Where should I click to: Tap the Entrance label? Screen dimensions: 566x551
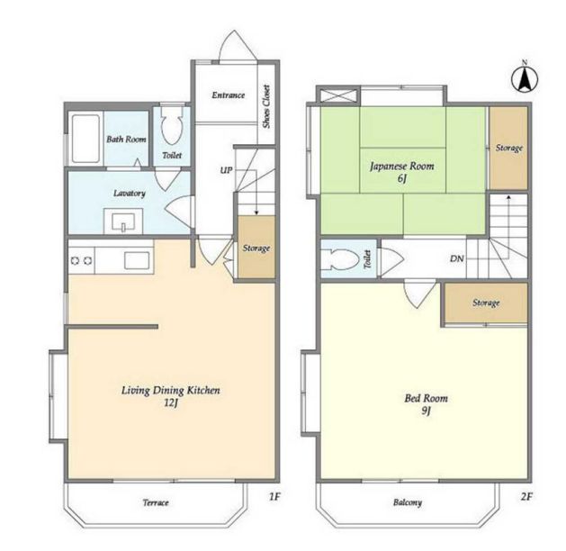pyautogui.click(x=229, y=95)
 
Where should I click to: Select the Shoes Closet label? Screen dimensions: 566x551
pyautogui.click(x=266, y=106)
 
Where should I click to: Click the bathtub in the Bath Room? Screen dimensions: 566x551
pyautogui.click(x=85, y=139)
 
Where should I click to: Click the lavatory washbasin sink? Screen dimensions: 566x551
pyautogui.click(x=123, y=221)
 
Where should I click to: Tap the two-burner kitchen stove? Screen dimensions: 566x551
pyautogui.click(x=81, y=260)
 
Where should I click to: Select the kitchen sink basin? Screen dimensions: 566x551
pyautogui.click(x=137, y=260)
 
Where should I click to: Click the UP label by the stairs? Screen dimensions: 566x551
pyautogui.click(x=227, y=170)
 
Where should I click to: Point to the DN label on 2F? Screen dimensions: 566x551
pyautogui.click(x=456, y=258)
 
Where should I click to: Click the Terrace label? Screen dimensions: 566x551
pyautogui.click(x=156, y=502)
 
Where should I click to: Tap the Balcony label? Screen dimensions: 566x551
pyautogui.click(x=408, y=502)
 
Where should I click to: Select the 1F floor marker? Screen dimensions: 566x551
pyautogui.click(x=274, y=497)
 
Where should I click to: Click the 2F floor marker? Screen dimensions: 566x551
pyautogui.click(x=526, y=497)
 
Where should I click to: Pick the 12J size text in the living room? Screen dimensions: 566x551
pyautogui.click(x=171, y=402)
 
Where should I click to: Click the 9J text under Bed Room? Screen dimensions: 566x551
pyautogui.click(x=427, y=411)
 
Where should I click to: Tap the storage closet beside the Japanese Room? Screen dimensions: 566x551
pyautogui.click(x=508, y=148)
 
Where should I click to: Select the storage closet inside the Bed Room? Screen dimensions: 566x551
pyautogui.click(x=486, y=303)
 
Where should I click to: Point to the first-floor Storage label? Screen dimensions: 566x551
pyautogui.click(x=256, y=248)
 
